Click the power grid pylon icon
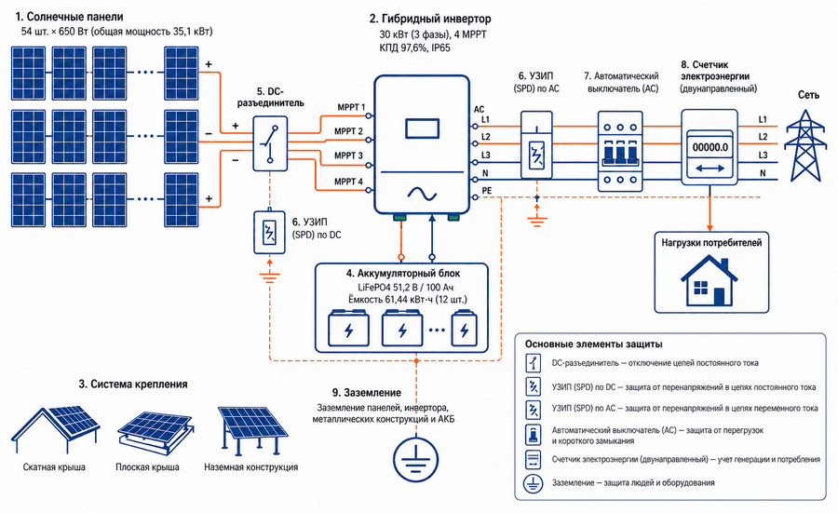[x=804, y=146]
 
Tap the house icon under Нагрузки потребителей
[x=710, y=280]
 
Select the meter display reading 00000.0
[x=710, y=147]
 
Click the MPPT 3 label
[x=348, y=155]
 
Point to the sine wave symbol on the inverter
[x=422, y=194]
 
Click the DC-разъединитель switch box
[x=270, y=143]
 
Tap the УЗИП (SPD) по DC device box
[x=269, y=233]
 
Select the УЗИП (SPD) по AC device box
[x=536, y=145]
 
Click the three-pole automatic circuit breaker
[x=620, y=151]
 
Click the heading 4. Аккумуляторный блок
[x=402, y=274]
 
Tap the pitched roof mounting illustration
[x=55, y=431]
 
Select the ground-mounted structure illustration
[x=252, y=431]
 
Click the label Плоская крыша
[x=147, y=467]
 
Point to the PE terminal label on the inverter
[x=487, y=190]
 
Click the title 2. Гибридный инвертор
[x=429, y=19]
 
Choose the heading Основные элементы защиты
[x=594, y=344]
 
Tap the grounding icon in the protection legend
[x=533, y=483]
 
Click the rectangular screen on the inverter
[x=422, y=128]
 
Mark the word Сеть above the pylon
[x=808, y=95]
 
